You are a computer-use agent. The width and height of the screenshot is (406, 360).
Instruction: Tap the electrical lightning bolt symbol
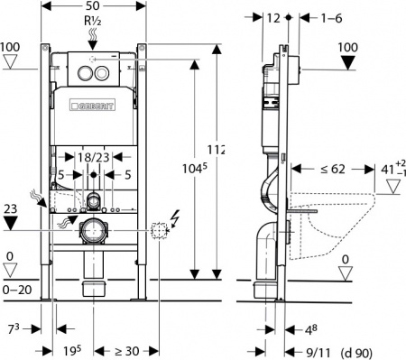[x=175, y=216]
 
